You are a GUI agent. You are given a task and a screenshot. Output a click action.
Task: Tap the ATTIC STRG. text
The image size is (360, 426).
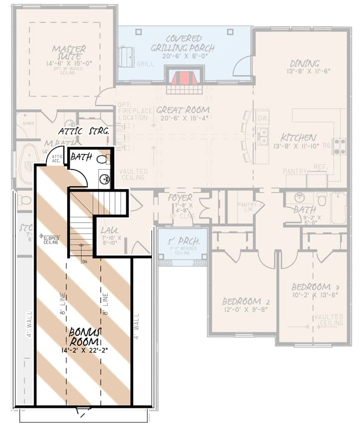(x=84, y=130)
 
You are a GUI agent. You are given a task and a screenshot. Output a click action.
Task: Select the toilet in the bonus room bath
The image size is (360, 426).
(x=104, y=159)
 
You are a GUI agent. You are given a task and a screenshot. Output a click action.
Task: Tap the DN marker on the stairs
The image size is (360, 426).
(x=84, y=262)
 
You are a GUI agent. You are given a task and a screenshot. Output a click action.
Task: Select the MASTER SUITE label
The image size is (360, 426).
(x=69, y=52)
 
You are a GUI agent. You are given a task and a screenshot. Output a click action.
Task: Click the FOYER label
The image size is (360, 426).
(x=180, y=198)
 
